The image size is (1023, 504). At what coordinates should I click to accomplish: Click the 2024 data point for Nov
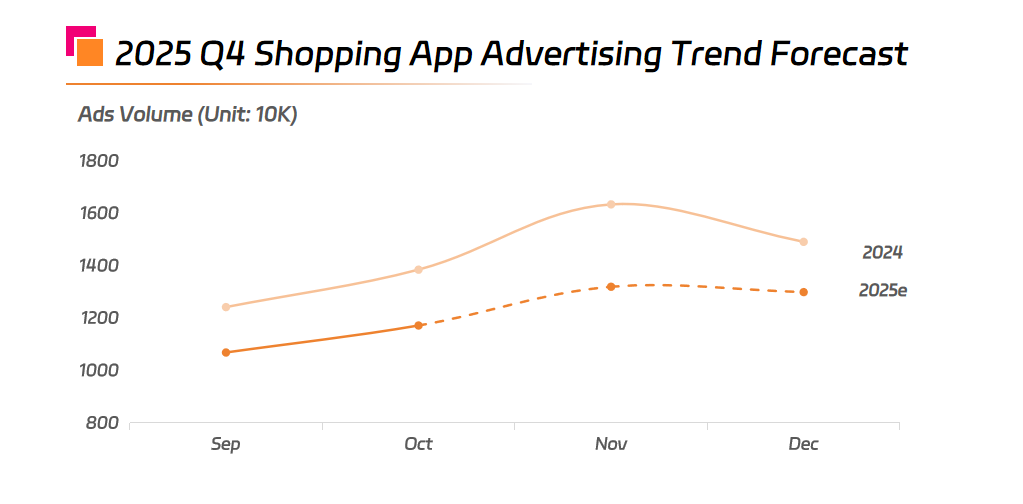(611, 204)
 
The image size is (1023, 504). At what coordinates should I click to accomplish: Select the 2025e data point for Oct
(419, 325)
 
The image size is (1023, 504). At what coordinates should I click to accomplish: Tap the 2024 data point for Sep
(226, 307)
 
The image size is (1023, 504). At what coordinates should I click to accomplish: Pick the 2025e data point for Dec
(803, 292)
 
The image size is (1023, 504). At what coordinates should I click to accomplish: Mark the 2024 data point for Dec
(803, 242)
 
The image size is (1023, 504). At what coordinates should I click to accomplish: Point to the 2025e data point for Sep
(226, 352)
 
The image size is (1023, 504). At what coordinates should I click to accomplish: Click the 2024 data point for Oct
(419, 270)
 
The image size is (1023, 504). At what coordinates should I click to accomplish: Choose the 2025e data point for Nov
(611, 287)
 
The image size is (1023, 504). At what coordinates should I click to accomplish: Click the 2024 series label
(883, 253)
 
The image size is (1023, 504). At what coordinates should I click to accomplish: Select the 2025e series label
(883, 291)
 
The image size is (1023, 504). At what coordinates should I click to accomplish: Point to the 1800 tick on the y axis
(99, 161)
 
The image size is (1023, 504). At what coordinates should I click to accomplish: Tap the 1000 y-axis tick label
(99, 370)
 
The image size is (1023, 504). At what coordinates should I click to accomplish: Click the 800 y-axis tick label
(104, 423)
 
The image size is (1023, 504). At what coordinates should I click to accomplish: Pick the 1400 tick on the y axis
(99, 266)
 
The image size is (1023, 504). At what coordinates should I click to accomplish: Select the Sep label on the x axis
(226, 444)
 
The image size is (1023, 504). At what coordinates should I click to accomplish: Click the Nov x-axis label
(611, 444)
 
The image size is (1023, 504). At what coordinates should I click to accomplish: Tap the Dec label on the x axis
(803, 444)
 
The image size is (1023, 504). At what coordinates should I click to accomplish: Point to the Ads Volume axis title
(188, 114)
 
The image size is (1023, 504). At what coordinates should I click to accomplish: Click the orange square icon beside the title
(90, 52)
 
